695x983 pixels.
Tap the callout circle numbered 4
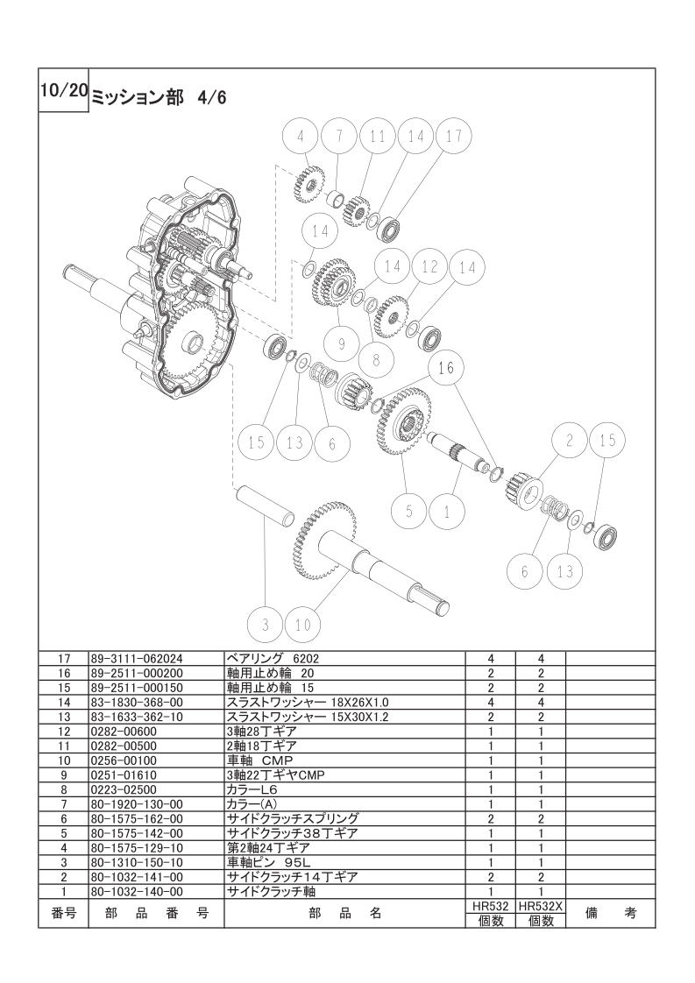301,136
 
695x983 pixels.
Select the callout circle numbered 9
342,343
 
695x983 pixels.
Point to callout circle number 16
446,368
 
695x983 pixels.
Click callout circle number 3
266,625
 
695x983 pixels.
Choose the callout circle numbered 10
303,625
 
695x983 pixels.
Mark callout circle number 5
409,512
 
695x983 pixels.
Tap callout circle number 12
429,268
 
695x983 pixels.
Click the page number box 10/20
63,90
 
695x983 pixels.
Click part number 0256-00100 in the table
124,760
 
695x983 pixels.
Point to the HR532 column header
491,906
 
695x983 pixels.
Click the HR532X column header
541,906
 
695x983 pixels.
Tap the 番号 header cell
63,914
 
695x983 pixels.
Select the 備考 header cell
610,914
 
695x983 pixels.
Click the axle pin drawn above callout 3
265,505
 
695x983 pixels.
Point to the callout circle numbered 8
376,360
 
